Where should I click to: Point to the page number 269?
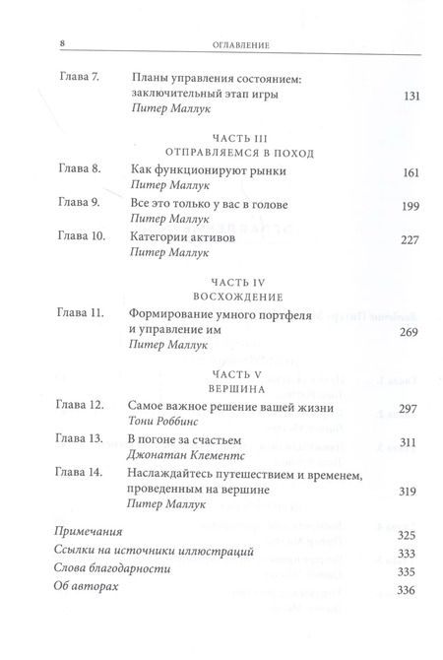(x=407, y=332)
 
